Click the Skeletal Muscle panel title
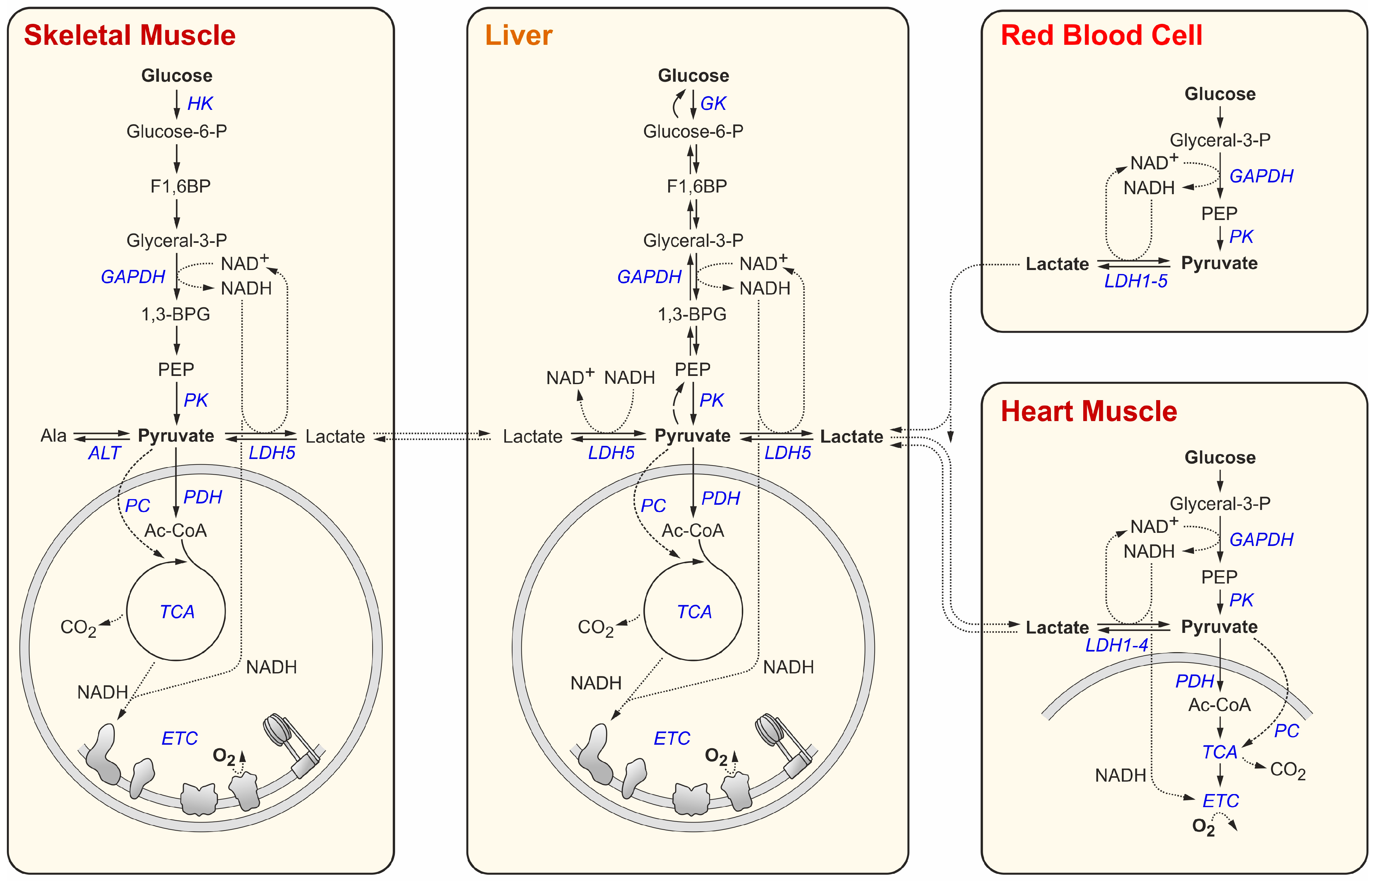point(130,35)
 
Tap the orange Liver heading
point(518,35)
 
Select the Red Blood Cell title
point(1102,35)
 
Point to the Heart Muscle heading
point(1089,411)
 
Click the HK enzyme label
point(200,104)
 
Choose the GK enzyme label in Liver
point(713,104)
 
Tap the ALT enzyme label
point(104,453)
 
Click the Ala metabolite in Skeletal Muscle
point(53,436)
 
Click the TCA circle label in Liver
point(694,612)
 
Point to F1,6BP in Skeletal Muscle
point(180,186)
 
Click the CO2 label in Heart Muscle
point(1287,770)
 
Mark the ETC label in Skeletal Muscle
point(179,738)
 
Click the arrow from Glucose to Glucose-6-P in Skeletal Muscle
point(177,104)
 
